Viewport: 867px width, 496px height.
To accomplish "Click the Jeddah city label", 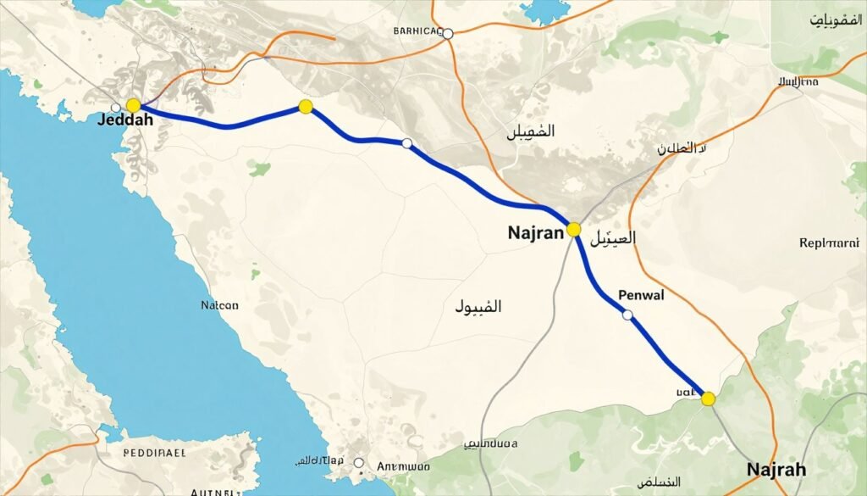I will pos(125,120).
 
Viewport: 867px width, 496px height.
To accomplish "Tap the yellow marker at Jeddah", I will pos(133,105).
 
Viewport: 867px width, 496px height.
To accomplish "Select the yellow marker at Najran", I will pos(574,229).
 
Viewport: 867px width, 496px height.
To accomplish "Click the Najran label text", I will pos(536,232).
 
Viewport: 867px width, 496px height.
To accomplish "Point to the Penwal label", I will pos(641,296).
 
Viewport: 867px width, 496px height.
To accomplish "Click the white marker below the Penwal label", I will pos(627,315).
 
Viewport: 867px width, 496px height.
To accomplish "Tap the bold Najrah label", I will pos(776,470).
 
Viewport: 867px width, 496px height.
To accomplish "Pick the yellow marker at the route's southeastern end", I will pos(709,398).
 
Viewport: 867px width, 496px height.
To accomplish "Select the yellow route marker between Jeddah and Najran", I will pos(306,107).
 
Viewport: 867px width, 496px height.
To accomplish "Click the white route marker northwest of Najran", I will pos(406,143).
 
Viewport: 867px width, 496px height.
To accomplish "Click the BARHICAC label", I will pos(418,31).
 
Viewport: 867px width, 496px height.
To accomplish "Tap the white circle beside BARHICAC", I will pos(448,34).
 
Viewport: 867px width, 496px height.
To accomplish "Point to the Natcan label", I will pos(219,305).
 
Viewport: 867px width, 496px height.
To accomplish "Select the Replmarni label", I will pos(829,242).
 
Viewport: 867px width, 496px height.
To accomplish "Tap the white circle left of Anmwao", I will pos(359,463).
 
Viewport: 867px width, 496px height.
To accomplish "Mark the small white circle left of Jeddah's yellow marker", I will pos(116,108).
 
